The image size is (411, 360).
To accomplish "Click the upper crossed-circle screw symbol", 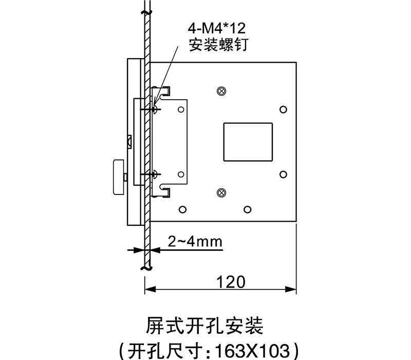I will pyautogui.click(x=221, y=91).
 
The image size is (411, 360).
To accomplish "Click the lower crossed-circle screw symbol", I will pyautogui.click(x=221, y=193).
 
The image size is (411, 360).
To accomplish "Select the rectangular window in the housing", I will pyautogui.click(x=248, y=142).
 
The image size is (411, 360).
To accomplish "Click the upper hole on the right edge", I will pyautogui.click(x=283, y=110).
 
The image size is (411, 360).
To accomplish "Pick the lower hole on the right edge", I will pyautogui.click(x=283, y=174).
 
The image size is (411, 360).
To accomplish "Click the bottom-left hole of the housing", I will pyautogui.click(x=182, y=209).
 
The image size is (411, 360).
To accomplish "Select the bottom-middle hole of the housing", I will pyautogui.click(x=248, y=209).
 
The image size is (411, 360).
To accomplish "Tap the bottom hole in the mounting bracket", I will pyautogui.click(x=181, y=175).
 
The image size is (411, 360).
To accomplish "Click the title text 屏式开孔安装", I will pyautogui.click(x=205, y=326).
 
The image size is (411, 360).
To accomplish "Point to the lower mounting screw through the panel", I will pyautogui.click(x=156, y=175).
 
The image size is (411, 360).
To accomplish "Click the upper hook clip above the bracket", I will pyautogui.click(x=164, y=93).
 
